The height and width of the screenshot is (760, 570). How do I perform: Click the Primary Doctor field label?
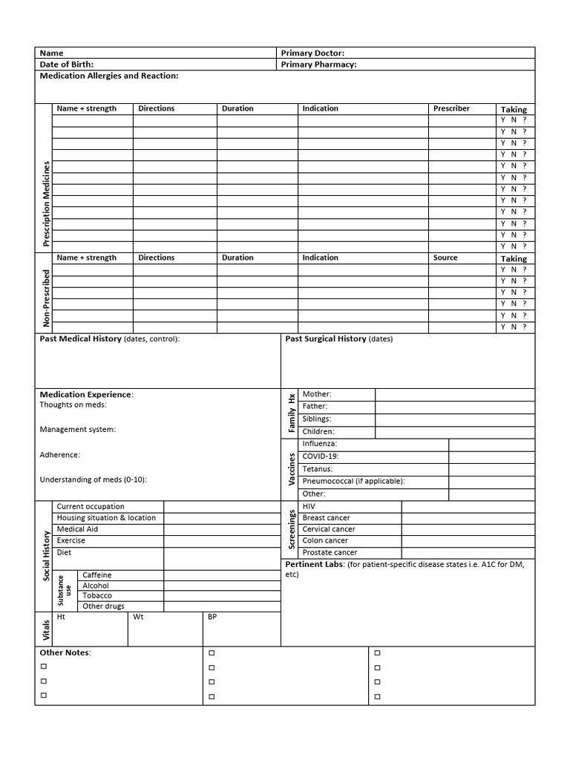(312, 53)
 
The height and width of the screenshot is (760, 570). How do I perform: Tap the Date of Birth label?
(66, 65)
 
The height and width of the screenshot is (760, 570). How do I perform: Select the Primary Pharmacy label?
(318, 65)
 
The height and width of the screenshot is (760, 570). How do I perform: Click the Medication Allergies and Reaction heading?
(108, 76)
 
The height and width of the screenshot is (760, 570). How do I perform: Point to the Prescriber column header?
(451, 108)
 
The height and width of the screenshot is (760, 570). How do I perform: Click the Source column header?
(445, 258)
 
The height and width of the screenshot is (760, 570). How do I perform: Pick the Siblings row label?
(317, 419)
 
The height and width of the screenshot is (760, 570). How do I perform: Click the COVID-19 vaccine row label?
(321, 456)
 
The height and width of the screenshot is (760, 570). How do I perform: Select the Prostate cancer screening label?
(330, 552)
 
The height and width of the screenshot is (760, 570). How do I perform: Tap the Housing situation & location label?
(106, 517)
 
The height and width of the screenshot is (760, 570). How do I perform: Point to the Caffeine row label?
(97, 575)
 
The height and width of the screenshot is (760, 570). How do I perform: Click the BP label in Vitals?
(212, 617)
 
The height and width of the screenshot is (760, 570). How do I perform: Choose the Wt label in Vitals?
(138, 617)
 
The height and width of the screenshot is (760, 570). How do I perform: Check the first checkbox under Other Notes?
(44, 667)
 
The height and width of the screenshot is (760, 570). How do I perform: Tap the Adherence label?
(59, 455)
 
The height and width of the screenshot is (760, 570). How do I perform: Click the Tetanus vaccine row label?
(318, 469)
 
